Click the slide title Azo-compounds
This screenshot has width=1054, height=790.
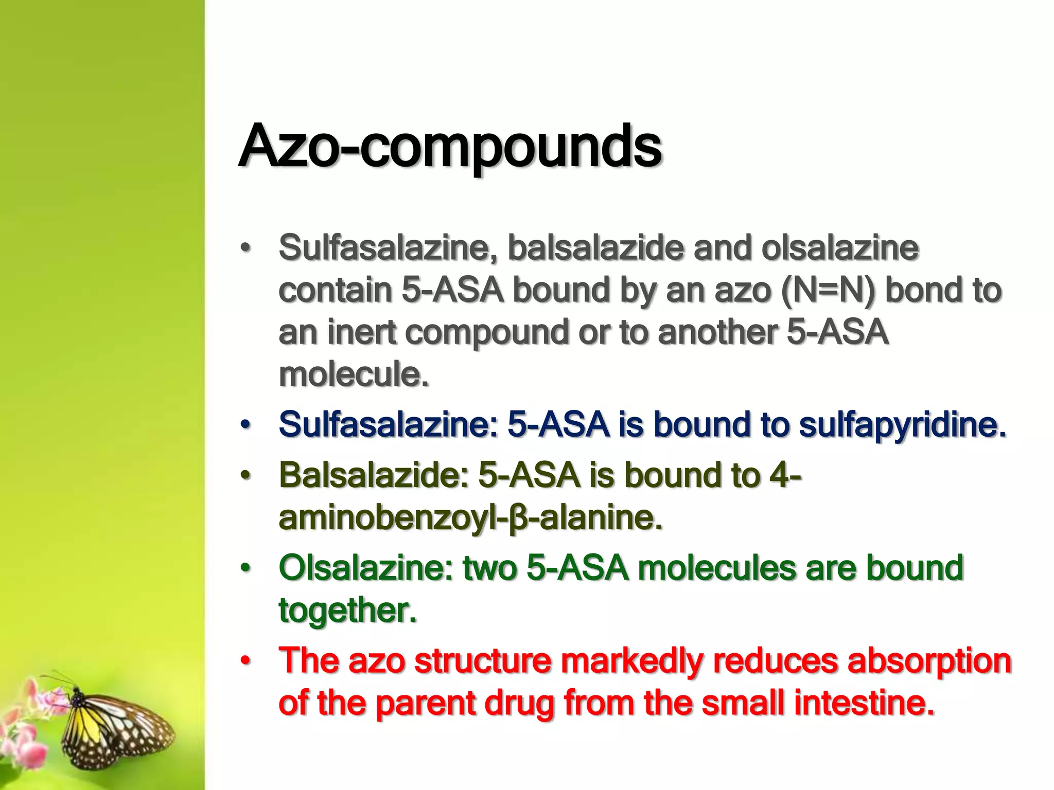pos(450,147)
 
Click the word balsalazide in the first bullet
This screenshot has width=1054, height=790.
pos(595,248)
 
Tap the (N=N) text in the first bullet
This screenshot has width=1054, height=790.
pos(828,291)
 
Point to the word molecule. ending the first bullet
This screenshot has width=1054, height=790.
pos(354,374)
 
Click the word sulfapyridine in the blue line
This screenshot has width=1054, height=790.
pos(903,425)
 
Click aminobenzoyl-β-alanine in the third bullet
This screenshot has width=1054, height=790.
pos(469,517)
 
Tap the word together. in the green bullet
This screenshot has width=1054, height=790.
pos(347,610)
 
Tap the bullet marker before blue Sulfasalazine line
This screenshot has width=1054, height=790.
pos(245,425)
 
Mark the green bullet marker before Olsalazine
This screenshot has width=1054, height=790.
pos(245,568)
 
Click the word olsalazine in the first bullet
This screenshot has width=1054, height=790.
pos(839,248)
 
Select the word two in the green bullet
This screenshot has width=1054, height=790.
pos(489,568)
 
